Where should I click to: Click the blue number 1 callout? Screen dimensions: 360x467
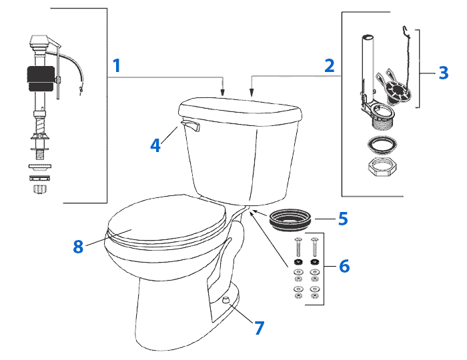point(117,66)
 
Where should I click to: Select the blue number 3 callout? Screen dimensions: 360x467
point(444,72)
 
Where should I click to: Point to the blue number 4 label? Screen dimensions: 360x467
point(155,145)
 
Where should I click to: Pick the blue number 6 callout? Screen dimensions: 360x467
point(344,265)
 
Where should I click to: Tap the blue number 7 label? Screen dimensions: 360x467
point(259,327)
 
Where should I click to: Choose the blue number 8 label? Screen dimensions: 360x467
point(78,246)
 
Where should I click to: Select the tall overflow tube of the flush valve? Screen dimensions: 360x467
point(367,60)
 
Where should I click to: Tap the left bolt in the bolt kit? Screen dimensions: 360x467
point(298,247)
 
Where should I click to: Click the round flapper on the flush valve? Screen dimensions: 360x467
point(398,88)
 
